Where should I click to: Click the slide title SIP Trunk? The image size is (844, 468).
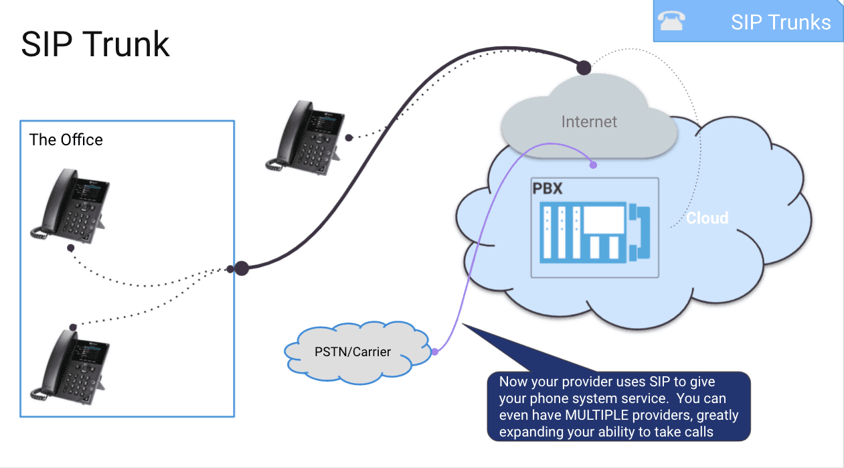[95, 44]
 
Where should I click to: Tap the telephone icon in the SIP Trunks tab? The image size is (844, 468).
[671, 22]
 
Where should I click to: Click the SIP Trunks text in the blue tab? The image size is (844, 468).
[780, 22]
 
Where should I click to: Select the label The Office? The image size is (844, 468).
[66, 140]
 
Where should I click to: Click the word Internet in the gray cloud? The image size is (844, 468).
[589, 122]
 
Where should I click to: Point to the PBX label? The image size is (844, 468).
[547, 188]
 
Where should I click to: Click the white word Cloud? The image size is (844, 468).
[707, 218]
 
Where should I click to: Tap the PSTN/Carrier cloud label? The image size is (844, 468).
[353, 352]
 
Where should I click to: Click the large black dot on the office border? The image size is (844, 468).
[242, 268]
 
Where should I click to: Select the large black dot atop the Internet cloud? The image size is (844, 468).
[584, 68]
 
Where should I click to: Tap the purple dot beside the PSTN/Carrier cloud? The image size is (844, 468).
[434, 352]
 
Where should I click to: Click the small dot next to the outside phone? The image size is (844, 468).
[349, 137]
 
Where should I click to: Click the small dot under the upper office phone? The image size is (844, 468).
[70, 247]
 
